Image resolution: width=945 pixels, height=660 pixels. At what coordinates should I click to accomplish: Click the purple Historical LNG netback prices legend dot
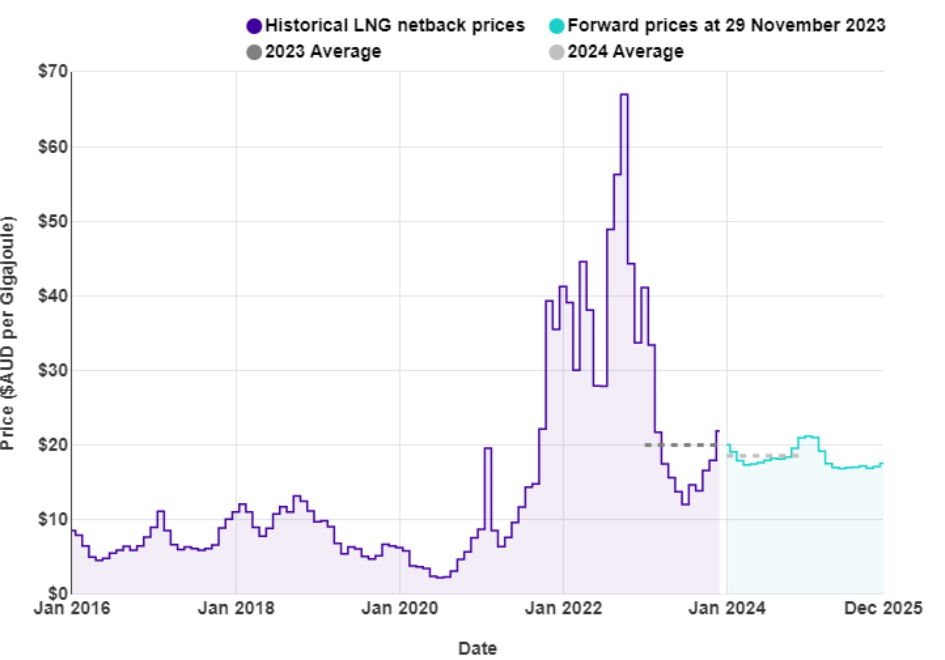254,26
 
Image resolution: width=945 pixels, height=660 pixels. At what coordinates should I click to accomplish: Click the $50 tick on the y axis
53,221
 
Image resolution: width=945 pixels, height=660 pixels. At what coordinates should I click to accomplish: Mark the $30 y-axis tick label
53,370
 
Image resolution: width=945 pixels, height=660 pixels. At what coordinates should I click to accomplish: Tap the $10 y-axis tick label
53,519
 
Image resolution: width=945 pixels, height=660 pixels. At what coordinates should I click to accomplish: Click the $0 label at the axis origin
58,593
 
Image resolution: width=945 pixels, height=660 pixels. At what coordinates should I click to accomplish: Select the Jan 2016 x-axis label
72,608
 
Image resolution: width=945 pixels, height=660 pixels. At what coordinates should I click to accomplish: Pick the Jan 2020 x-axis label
399,608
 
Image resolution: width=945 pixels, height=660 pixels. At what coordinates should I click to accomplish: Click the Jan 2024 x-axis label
727,608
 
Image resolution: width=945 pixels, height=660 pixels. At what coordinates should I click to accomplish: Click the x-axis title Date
477,649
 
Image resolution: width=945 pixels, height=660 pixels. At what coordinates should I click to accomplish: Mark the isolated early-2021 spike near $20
488,448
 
